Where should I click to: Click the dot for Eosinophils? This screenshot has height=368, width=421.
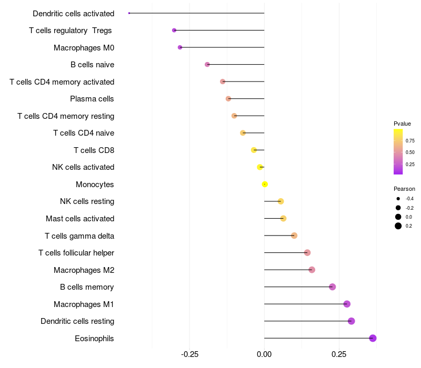point(373,338)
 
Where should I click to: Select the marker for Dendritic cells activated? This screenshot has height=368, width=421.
point(129,13)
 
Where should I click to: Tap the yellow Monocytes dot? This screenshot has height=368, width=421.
point(265,184)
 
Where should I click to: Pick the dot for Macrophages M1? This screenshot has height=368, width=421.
point(347,304)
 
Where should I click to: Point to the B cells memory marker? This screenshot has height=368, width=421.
point(332,287)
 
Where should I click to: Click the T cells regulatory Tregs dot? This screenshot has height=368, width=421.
point(174,30)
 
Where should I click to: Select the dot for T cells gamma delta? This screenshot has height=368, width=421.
point(294,236)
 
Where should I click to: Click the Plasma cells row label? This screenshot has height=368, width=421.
point(92,99)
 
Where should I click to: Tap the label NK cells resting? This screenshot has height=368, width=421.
point(87,201)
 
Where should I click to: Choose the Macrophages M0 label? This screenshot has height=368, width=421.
point(84,48)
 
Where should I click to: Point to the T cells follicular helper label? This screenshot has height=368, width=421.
point(76,253)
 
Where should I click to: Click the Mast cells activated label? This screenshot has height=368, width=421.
point(80,219)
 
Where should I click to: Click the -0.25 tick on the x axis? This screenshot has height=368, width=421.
point(189,354)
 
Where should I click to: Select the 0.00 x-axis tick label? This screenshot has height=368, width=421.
point(264,354)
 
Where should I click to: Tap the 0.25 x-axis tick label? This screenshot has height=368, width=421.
point(339,354)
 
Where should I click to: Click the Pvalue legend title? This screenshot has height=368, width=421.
point(402,124)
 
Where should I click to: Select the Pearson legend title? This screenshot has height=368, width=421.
point(404,189)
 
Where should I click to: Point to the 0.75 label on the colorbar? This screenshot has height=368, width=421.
point(410,141)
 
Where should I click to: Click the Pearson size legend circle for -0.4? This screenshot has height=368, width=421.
point(398,199)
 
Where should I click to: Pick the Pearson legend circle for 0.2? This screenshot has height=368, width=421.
point(398,226)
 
